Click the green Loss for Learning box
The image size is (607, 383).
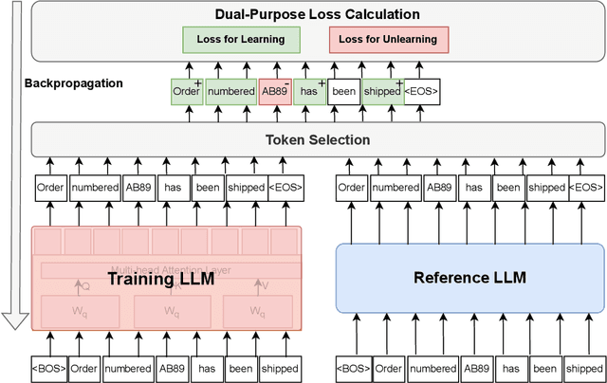[241, 39]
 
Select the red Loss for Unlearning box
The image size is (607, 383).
[390, 39]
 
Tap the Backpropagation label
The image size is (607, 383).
[74, 83]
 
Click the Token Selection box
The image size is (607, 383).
[318, 140]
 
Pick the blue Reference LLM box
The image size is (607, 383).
[470, 279]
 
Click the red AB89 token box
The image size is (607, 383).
[273, 92]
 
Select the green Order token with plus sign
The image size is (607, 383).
[186, 92]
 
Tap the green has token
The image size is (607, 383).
[307, 92]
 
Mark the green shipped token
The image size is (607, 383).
[381, 92]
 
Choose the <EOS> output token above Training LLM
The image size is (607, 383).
[286, 188]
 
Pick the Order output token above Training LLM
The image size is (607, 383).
[50, 188]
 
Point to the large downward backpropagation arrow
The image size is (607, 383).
[13, 171]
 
